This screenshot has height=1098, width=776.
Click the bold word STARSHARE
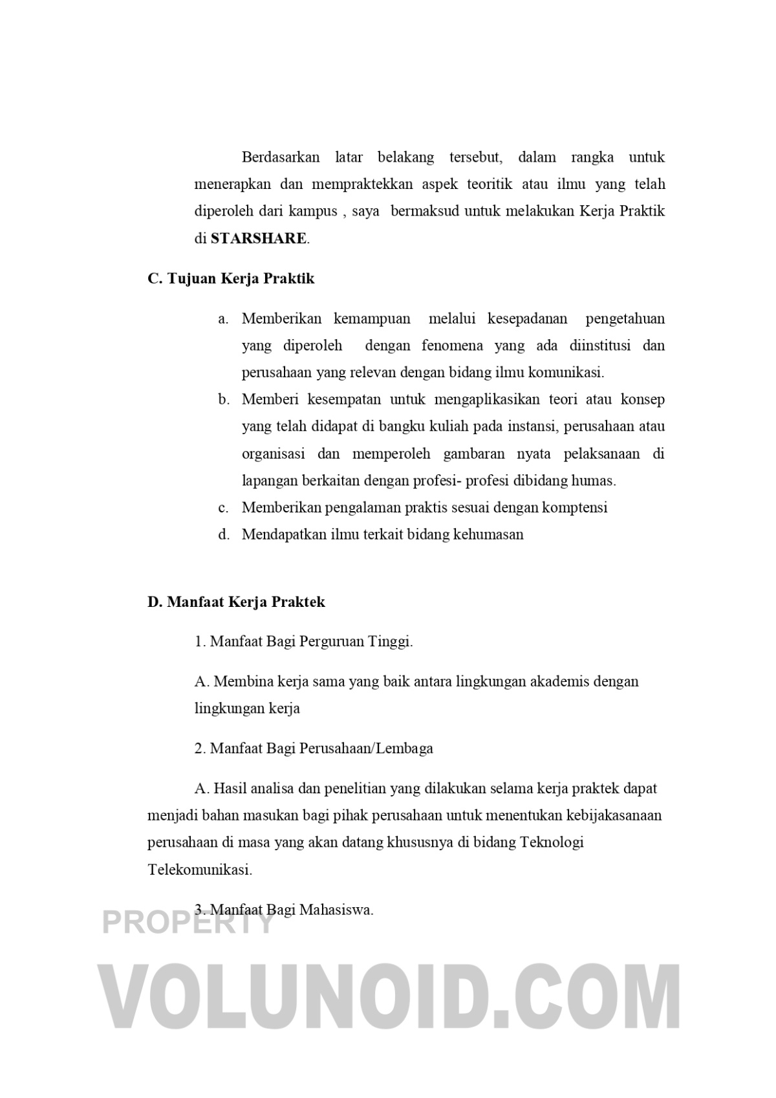[259, 238]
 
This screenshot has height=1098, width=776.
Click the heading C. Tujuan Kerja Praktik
[231, 279]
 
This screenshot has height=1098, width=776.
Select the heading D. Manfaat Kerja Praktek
[236, 602]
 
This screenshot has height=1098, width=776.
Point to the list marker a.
[223, 319]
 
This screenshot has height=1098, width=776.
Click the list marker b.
[224, 400]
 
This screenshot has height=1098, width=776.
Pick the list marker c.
[223, 508]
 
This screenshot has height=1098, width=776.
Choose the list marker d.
[224, 535]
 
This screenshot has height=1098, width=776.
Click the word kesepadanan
[527, 319]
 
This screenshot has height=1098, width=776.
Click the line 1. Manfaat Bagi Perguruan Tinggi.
[303, 642]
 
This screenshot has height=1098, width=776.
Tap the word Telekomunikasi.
[199, 870]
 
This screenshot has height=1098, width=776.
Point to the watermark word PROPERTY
[189, 921]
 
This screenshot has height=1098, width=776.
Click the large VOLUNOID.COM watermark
[389, 996]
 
